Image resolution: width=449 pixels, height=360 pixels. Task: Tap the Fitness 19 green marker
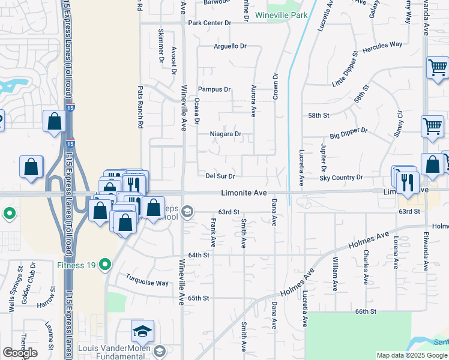(x=106, y=264)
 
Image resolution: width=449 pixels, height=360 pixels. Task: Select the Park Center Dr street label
(x=209, y=23)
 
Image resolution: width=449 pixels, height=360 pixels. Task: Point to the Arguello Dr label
(x=231, y=46)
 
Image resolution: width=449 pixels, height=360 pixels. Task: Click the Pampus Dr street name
(x=214, y=89)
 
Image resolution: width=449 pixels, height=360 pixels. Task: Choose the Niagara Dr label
(x=225, y=134)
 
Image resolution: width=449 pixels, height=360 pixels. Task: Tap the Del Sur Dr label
(x=220, y=176)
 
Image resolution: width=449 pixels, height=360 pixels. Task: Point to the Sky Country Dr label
(x=341, y=178)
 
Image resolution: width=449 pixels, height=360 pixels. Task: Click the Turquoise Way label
(x=147, y=280)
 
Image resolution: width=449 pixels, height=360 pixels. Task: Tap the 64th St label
(x=198, y=255)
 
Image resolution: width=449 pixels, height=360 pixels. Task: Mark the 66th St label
(x=365, y=312)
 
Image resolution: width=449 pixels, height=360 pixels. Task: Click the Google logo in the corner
(x=20, y=353)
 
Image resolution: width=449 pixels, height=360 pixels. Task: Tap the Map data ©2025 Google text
(x=412, y=355)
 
